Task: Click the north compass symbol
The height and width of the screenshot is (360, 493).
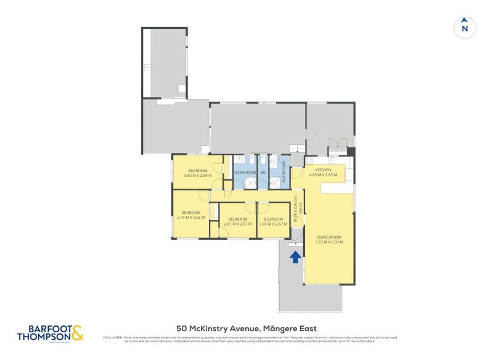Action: click(x=465, y=27)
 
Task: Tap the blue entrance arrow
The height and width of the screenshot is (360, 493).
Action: click(x=295, y=256)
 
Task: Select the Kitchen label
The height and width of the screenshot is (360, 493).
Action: click(x=324, y=170)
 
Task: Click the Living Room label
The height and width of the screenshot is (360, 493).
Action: click(x=329, y=237)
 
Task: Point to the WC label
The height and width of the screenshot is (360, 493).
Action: click(x=263, y=172)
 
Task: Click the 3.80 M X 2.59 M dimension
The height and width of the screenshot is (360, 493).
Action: click(x=198, y=175)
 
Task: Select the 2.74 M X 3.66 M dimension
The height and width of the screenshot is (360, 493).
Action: click(x=190, y=217)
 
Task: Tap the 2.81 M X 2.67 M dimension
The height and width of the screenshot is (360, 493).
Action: click(x=238, y=224)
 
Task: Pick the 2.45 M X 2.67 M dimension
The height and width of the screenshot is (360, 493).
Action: click(x=273, y=224)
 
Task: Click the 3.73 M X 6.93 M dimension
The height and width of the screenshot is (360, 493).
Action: click(x=329, y=242)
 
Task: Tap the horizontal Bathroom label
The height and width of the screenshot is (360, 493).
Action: click(x=245, y=172)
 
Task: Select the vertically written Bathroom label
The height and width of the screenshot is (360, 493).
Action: click(x=284, y=172)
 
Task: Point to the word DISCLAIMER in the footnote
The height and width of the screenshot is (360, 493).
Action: click(x=113, y=337)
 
